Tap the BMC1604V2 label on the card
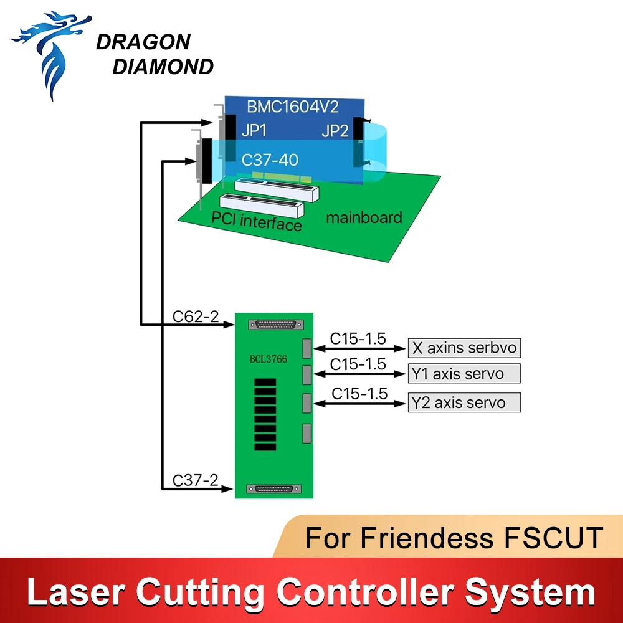coord(293,107)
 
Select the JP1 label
coord(254,130)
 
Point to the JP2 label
coord(335,131)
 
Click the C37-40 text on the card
coord(270,159)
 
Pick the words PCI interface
coord(257,221)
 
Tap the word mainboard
coord(364,217)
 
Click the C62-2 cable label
coord(196,316)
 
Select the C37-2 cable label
coord(196,480)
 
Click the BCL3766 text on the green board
coord(268,359)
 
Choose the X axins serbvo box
coord(464,348)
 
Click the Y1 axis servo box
coord(464,373)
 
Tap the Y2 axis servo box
coord(464,402)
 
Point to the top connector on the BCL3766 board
coord(276,325)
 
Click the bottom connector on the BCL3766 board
coord(273,488)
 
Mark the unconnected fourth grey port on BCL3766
coord(307,433)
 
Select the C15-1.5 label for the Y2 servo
coord(359,393)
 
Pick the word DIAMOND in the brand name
coord(163,67)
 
